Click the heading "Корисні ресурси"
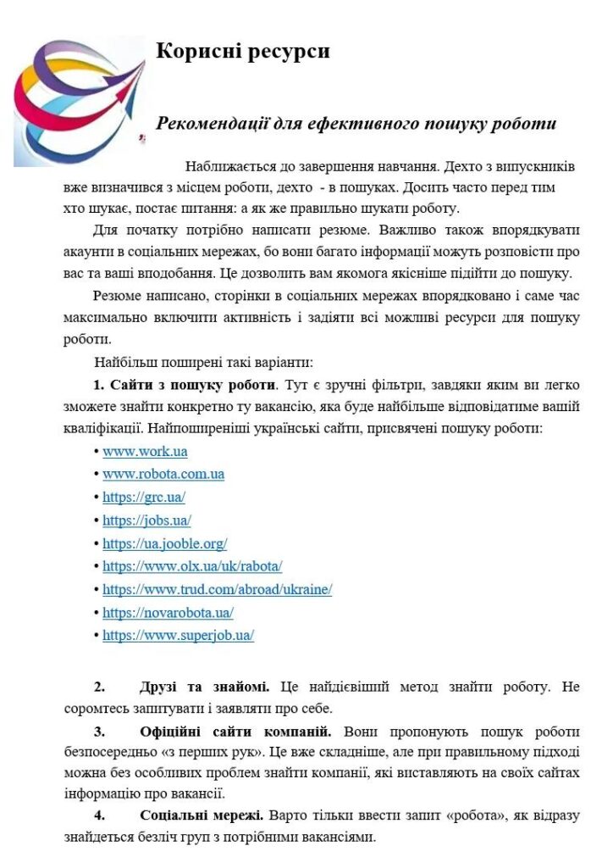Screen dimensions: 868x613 coord(243,52)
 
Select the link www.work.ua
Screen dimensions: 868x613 coord(145,452)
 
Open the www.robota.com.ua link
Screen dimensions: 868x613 coord(163,475)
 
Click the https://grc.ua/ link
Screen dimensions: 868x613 coord(144,498)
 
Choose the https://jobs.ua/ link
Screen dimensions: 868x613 coord(146,520)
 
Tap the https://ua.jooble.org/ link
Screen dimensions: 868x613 coord(164,543)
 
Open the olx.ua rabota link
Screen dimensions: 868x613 coord(192,566)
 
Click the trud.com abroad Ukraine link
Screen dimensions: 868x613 coord(217,589)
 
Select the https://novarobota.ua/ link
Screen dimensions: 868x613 coord(168,612)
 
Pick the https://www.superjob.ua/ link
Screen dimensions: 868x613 coord(178,635)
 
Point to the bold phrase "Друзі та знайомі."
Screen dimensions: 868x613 coord(205,687)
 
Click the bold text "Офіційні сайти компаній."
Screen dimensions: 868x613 coord(235,732)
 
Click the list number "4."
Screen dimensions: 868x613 coord(100,816)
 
